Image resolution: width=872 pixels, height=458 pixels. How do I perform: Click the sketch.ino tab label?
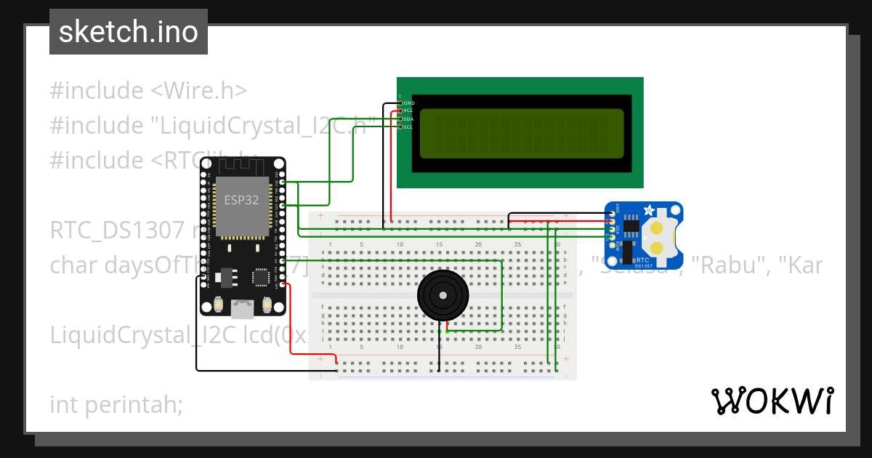[129, 32]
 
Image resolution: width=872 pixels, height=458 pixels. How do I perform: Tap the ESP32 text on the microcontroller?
[241, 201]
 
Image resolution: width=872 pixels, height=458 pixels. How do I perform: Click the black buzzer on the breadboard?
[443, 294]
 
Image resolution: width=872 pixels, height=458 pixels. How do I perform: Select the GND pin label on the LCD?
[409, 103]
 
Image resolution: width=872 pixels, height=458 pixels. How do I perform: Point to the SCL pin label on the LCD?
[408, 126]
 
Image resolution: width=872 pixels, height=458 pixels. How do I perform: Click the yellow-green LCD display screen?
[522, 134]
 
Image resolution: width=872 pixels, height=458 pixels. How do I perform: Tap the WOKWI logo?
[772, 401]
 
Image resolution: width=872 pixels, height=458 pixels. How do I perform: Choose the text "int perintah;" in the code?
[116, 404]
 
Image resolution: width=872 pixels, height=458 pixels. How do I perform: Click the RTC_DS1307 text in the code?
[116, 230]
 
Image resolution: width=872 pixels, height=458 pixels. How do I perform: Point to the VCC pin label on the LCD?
[408, 111]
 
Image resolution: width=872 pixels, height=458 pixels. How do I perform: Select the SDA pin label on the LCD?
[408, 118]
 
